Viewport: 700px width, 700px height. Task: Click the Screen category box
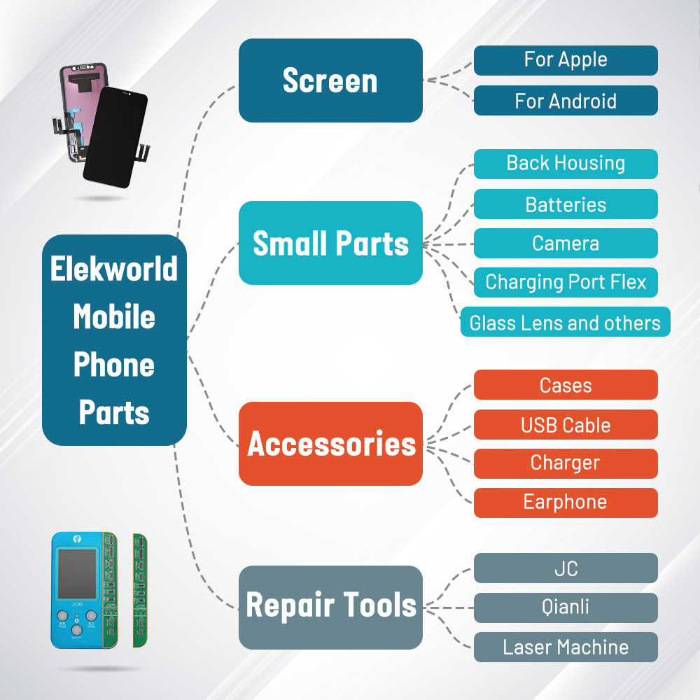point(330,80)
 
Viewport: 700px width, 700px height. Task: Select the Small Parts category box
point(330,243)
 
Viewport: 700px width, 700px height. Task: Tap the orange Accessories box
point(330,444)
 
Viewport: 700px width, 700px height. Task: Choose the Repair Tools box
point(330,607)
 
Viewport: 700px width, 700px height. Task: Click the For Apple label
point(566,60)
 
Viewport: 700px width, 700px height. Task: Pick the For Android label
point(566,101)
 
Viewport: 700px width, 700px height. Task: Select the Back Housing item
point(566,164)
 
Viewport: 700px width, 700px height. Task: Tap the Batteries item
point(566,204)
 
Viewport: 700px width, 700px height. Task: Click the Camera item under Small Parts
point(566,243)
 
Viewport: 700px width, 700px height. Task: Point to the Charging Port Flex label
point(566,282)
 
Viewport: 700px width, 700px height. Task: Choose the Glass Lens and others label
point(565,322)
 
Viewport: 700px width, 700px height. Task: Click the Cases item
point(566,385)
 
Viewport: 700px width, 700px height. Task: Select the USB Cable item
point(566,425)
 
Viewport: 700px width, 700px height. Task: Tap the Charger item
point(566,463)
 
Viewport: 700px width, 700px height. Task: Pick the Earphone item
point(566,503)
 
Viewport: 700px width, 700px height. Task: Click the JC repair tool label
point(566,568)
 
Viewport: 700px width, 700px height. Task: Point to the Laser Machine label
point(566,647)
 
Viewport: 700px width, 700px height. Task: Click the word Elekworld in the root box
point(114,269)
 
